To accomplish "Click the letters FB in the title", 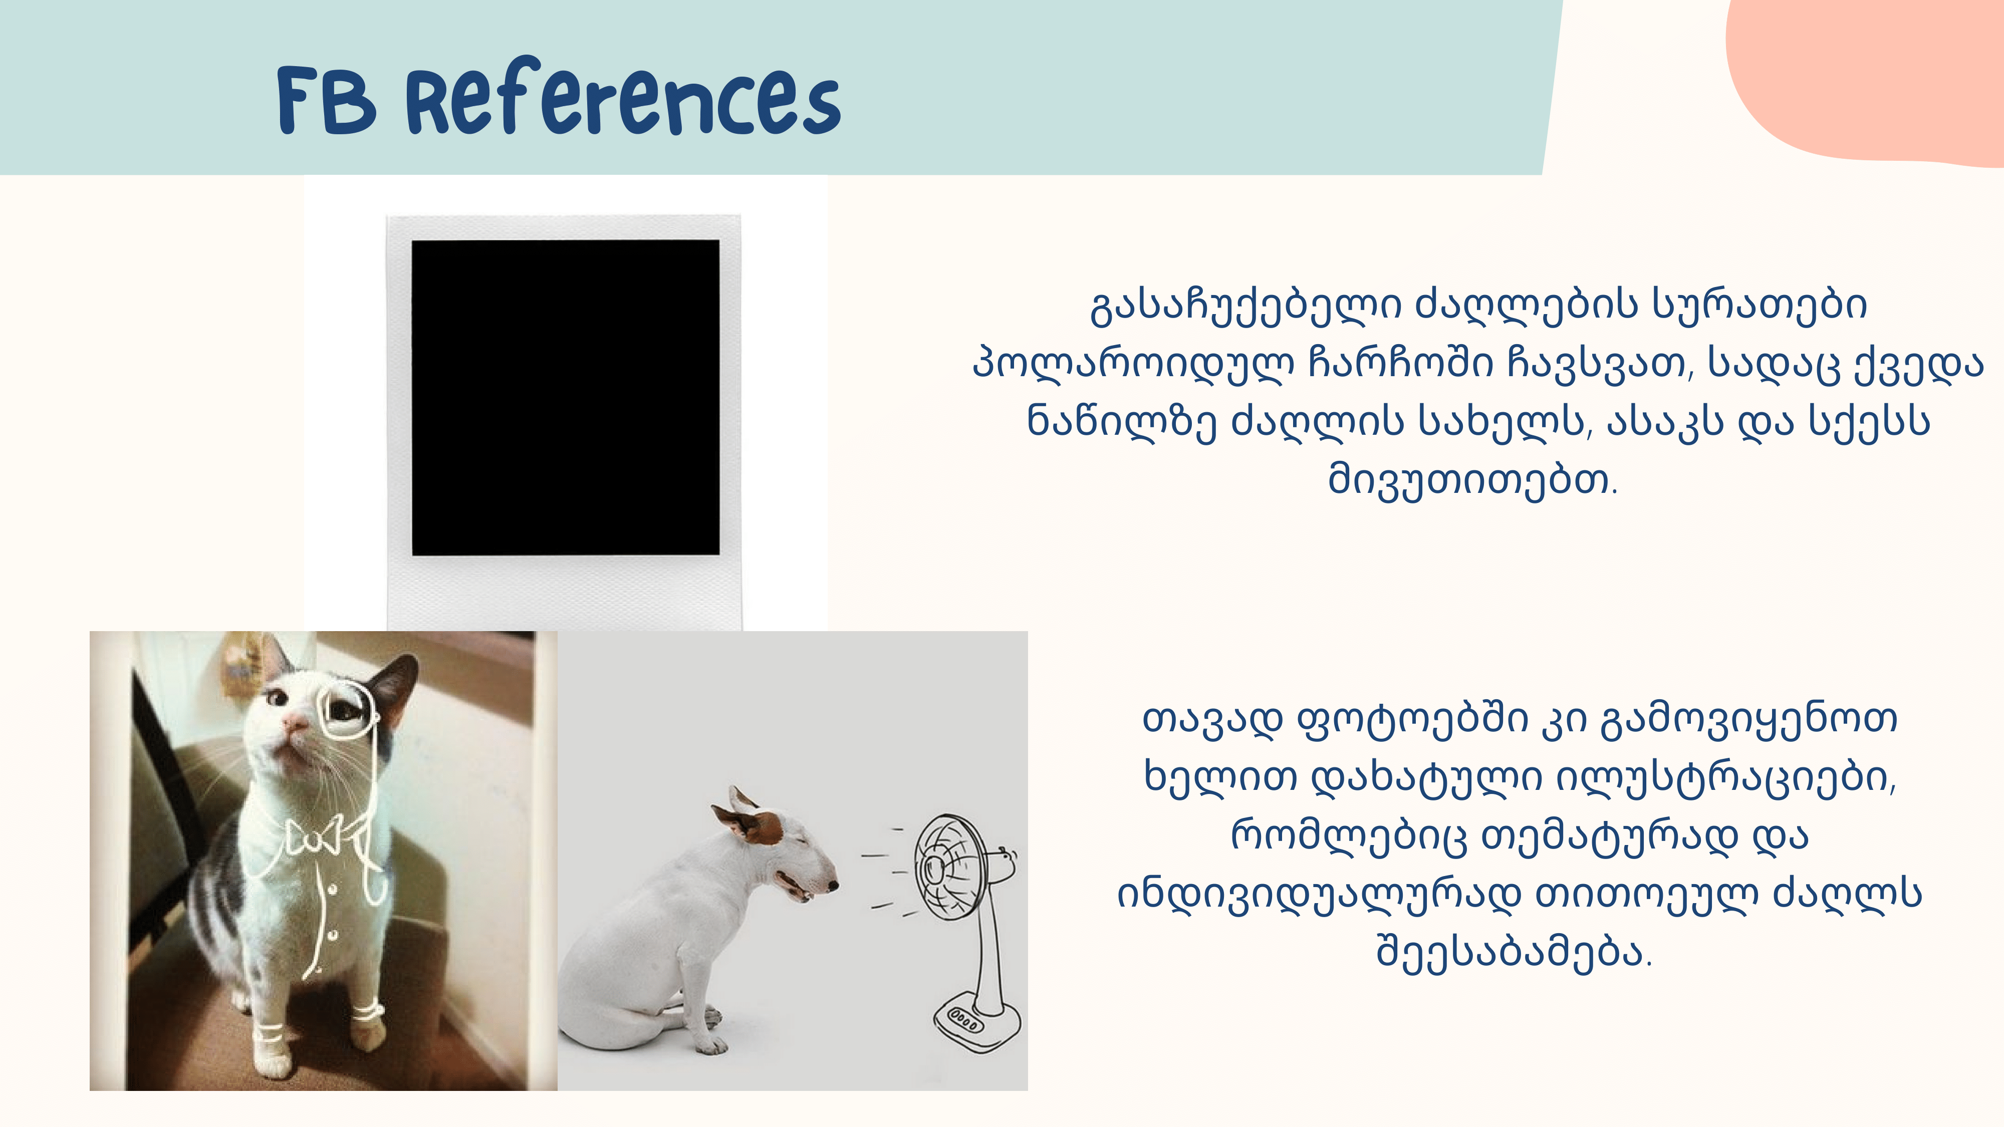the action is (327, 101).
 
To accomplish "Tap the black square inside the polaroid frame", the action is (566, 397).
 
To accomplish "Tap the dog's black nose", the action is (833, 885).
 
